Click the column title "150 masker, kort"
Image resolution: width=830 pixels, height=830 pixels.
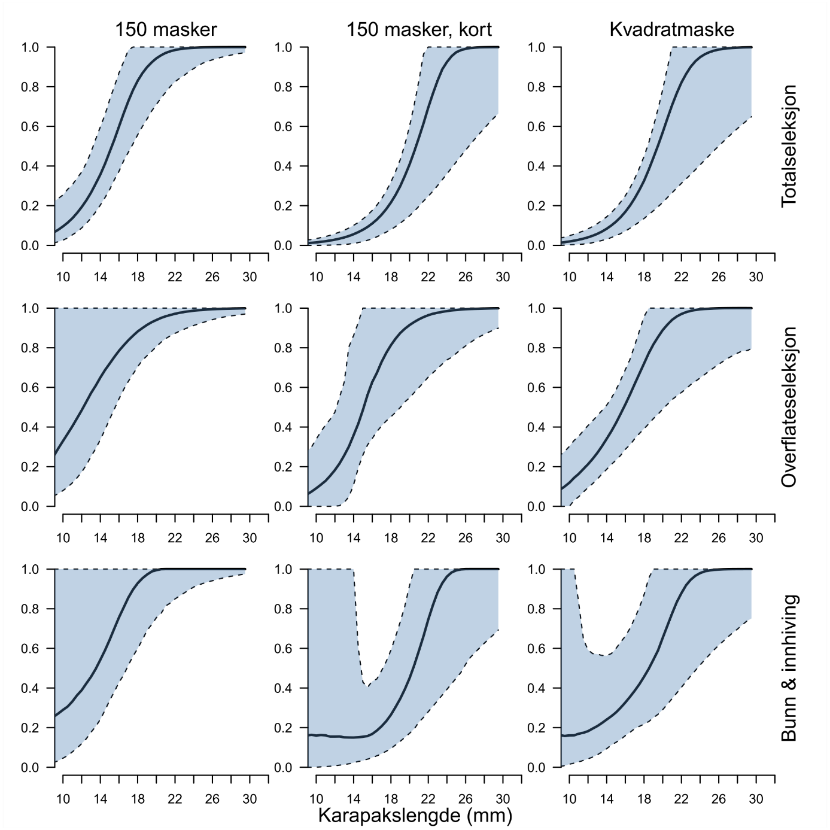pyautogui.click(x=419, y=29)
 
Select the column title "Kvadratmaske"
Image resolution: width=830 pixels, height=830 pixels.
pyautogui.click(x=671, y=29)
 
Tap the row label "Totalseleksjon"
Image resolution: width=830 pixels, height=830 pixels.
pyautogui.click(x=790, y=146)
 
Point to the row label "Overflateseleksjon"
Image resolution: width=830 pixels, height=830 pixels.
pyautogui.click(x=790, y=407)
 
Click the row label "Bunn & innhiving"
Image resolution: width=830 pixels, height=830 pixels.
pyautogui.click(x=790, y=668)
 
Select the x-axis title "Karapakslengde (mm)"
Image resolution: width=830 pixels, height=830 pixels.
pyautogui.click(x=415, y=815)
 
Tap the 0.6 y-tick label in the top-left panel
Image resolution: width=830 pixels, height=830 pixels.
pyautogui.click(x=30, y=127)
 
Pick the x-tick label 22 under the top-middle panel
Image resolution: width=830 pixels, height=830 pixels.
pyautogui.click(x=428, y=277)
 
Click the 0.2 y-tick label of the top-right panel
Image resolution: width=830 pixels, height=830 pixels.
pyautogui.click(x=536, y=206)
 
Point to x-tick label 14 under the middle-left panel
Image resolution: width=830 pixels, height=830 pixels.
pyautogui.click(x=100, y=538)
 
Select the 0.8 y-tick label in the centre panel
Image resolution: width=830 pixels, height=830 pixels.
pyautogui.click(x=283, y=348)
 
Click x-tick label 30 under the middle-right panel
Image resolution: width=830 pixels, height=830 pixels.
pyautogui.click(x=756, y=538)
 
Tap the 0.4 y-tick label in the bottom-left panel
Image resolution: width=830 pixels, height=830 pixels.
pyautogui.click(x=30, y=688)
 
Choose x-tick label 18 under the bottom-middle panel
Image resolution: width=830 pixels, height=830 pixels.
pyautogui.click(x=391, y=799)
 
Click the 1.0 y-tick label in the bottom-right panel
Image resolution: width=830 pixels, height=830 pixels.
pyautogui.click(x=536, y=569)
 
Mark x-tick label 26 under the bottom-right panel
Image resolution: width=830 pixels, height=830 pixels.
pyautogui.click(x=719, y=799)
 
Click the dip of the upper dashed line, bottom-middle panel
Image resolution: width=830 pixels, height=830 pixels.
pyautogui.click(x=367, y=686)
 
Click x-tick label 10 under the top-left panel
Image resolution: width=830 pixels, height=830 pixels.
pyautogui.click(x=63, y=277)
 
